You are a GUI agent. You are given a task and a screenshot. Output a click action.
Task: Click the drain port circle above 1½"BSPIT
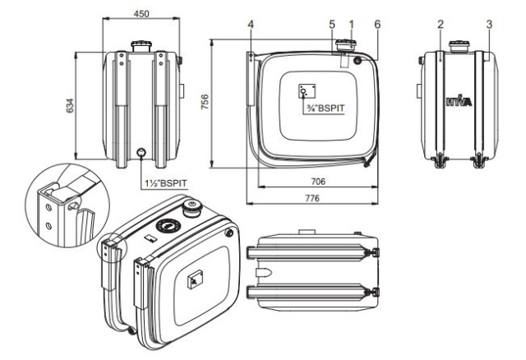point(141,151)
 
